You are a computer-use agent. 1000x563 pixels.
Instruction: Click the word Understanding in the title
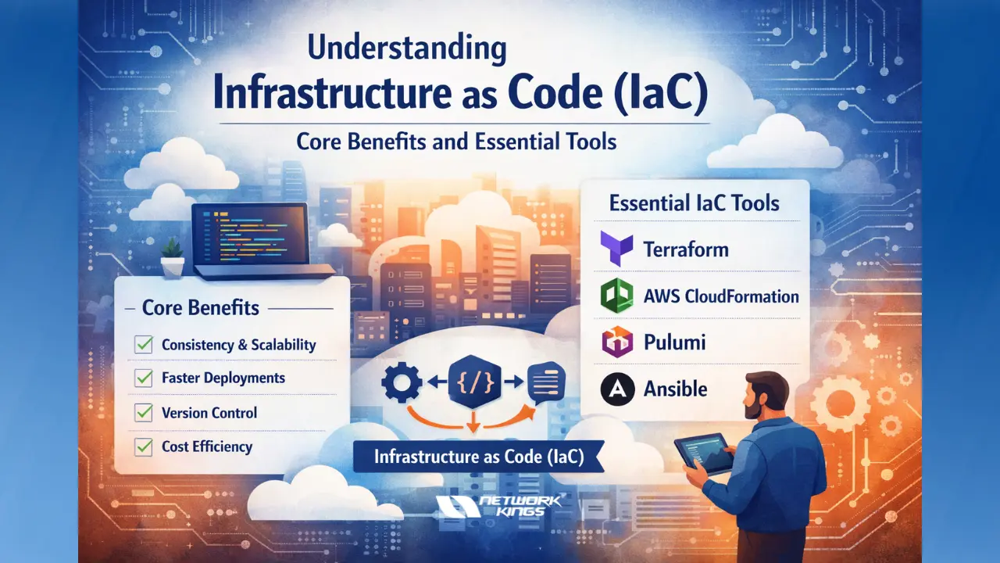(x=406, y=48)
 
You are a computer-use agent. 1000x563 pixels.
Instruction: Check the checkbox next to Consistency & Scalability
(x=144, y=344)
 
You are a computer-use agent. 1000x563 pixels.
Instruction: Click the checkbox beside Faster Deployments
(x=144, y=378)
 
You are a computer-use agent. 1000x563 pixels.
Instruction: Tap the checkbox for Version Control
(x=144, y=412)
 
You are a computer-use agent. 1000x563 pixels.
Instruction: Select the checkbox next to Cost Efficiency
(x=144, y=446)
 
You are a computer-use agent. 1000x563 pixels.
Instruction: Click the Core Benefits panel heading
(x=201, y=307)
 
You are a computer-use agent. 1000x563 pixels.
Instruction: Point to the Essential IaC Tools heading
(x=694, y=203)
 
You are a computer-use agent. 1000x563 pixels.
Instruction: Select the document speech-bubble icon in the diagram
(x=546, y=383)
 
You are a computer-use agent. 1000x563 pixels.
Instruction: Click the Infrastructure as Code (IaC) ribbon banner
(x=479, y=456)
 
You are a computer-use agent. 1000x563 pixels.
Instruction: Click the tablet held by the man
(x=702, y=454)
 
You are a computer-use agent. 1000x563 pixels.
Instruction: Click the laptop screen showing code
(x=249, y=233)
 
